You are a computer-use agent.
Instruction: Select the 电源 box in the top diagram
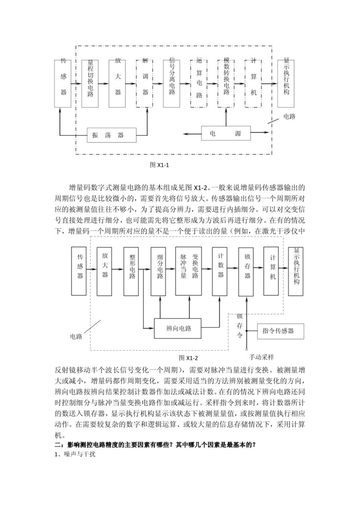coord(225,133)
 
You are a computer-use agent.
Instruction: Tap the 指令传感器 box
coord(280,331)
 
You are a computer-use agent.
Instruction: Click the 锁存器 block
coord(247,271)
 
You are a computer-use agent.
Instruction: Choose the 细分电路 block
coord(160,271)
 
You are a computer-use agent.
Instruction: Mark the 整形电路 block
coord(132,271)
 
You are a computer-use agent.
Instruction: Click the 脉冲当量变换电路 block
coord(188,271)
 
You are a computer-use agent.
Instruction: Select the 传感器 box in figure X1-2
coord(79,271)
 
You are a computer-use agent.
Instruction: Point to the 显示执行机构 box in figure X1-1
coord(286,83)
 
